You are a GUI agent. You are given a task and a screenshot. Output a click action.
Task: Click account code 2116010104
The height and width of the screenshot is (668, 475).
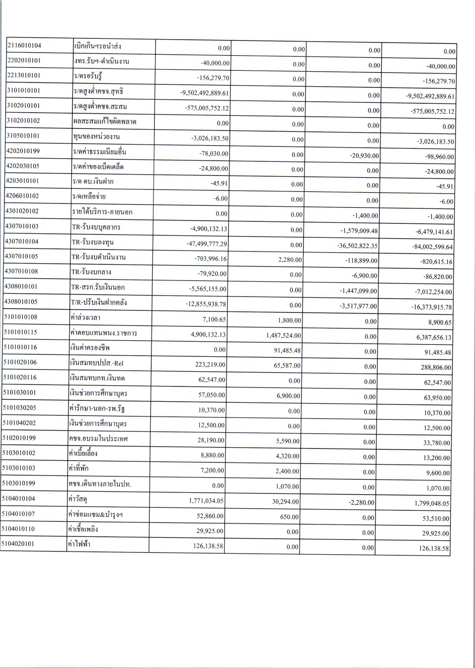tap(24, 45)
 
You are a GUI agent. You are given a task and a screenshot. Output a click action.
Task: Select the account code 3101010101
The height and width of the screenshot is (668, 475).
tap(23, 90)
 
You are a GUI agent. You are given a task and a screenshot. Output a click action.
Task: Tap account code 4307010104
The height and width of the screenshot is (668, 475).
tap(22, 241)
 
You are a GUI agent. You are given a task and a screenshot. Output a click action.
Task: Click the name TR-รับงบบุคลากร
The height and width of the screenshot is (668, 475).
tap(96, 227)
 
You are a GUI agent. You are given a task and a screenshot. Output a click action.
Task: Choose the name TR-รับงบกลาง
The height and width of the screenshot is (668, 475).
tap(91, 272)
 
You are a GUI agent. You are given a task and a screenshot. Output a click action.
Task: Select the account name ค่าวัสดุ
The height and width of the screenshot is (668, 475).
tap(78, 499)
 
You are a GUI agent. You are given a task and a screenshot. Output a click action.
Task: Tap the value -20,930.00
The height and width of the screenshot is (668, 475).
tap(364, 156)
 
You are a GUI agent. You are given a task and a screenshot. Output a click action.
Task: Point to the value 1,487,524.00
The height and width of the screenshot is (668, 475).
tap(283, 336)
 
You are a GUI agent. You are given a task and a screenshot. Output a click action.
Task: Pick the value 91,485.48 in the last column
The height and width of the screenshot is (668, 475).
tap(438, 352)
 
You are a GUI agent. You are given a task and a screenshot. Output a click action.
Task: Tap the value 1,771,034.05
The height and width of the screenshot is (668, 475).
tap(206, 501)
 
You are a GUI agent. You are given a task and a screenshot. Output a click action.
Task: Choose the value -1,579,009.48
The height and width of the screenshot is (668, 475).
tap(359, 231)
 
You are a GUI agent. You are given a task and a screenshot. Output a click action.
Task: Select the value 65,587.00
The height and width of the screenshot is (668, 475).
tap(287, 366)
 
